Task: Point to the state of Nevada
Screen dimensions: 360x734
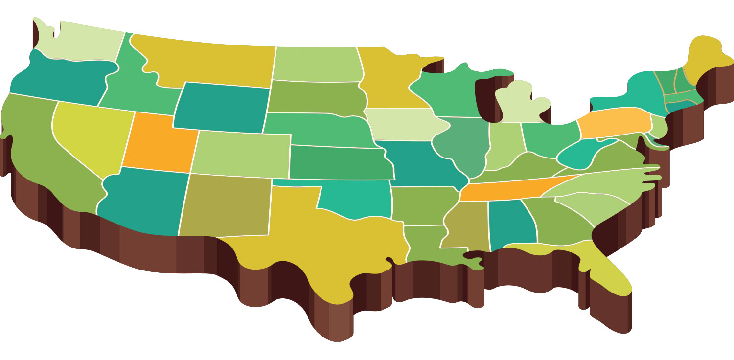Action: (91, 132)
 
